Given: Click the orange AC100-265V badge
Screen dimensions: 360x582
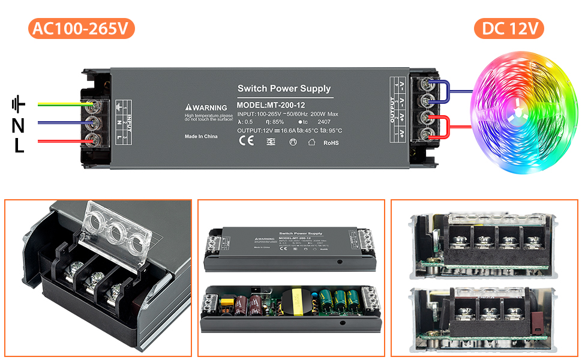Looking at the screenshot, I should pyautogui.click(x=80, y=29).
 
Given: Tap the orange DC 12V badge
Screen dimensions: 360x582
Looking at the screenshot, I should pyautogui.click(x=509, y=29).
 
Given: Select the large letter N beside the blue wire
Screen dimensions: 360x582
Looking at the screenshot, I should pyautogui.click(x=19, y=125).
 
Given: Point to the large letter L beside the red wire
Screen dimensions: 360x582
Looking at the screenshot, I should pyautogui.click(x=19, y=145).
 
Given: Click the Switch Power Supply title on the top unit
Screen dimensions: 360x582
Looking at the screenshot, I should pyautogui.click(x=284, y=89).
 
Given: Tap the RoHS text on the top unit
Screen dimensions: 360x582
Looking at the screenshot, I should pyautogui.click(x=331, y=143).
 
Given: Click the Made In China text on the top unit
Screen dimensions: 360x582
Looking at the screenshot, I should pyautogui.click(x=201, y=136).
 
